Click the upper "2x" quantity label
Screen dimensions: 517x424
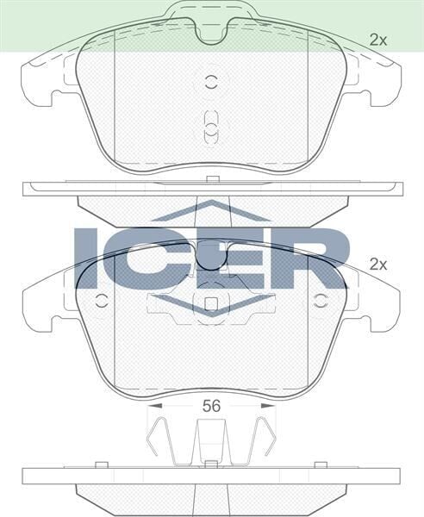point(377,39)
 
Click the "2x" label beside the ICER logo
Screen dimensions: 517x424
point(377,265)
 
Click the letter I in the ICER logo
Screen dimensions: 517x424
point(88,258)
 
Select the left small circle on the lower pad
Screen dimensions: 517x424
point(101,301)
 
